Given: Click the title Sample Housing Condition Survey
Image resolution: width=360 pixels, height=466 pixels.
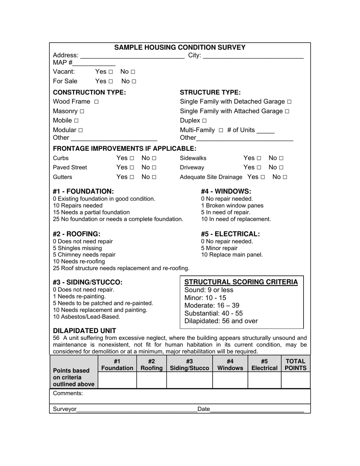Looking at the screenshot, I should pos(180,47).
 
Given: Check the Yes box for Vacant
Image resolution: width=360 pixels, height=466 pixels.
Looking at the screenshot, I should pos(111,72).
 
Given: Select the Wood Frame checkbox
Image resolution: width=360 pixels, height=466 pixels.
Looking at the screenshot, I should pos(96,102).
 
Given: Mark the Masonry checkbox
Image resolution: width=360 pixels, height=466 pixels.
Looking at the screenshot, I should pos(82,111).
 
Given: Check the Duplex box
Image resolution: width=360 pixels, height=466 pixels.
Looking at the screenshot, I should pos(204,121).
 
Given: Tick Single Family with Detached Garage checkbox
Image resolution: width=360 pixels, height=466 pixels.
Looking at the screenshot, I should pos(290,102).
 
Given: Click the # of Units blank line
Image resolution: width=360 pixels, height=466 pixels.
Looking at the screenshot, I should pos(265,131).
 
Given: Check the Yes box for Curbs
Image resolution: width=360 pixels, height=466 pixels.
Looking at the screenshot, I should pos(132,158).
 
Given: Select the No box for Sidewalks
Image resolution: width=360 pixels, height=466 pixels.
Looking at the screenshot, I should pos(281,158).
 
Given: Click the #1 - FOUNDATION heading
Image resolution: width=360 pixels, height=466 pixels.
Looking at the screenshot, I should pos(83,191).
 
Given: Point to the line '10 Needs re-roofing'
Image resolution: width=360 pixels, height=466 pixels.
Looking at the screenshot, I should pos(79,261).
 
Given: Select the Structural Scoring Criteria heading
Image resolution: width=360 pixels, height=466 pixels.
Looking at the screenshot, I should pos(241,282).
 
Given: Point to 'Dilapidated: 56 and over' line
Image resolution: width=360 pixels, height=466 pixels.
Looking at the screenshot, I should pos(221,321).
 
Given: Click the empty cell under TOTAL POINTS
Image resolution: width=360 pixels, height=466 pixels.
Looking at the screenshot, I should pos(296,380).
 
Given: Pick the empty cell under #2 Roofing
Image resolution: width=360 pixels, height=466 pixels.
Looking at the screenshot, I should pos(152,380).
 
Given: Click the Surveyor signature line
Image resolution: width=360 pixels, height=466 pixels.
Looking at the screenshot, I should pos(136,409).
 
